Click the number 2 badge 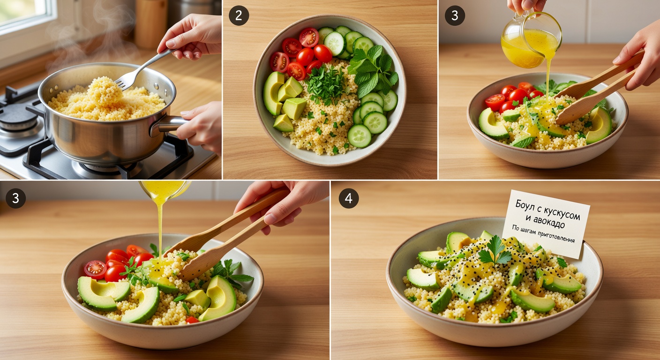239,15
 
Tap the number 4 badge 349,198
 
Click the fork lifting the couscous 142,69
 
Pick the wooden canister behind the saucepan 151,23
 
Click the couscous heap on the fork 105,91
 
